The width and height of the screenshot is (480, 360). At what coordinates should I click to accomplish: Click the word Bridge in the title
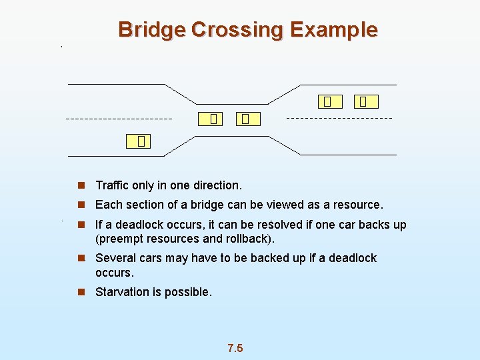tap(151, 30)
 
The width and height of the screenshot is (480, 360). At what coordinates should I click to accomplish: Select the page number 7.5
tap(235, 348)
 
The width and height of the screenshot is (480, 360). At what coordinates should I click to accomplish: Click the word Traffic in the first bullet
tap(114, 185)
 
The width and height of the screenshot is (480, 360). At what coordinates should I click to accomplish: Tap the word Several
tap(117, 258)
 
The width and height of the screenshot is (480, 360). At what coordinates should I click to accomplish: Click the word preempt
tap(123, 239)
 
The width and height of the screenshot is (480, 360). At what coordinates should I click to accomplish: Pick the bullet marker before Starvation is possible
tap(81, 291)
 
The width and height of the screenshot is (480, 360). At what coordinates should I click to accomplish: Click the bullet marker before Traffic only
tap(81, 185)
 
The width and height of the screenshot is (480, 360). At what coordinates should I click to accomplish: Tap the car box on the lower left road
tap(141, 141)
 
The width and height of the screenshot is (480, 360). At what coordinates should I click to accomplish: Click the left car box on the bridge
tap(213, 119)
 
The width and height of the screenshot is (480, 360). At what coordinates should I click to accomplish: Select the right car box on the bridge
tap(246, 119)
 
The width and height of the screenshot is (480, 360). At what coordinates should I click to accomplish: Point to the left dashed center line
tap(119, 119)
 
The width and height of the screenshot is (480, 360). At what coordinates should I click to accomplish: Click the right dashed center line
tap(339, 118)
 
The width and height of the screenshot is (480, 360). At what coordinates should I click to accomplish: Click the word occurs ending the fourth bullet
tap(114, 273)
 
